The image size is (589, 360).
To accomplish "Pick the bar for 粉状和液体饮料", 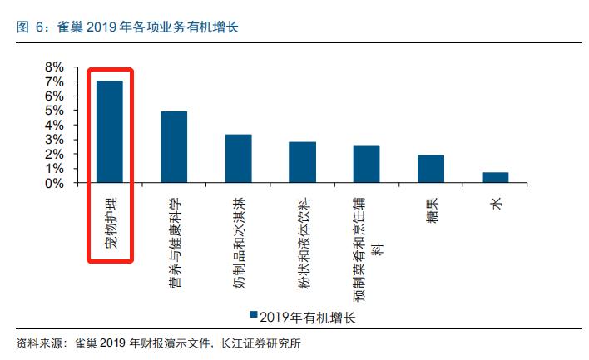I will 302,162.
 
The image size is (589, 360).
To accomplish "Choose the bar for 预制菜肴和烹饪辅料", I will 366,164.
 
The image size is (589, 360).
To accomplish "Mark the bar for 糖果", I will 430,169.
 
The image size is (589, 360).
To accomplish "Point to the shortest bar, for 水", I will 495,177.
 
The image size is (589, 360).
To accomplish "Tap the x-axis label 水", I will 496,202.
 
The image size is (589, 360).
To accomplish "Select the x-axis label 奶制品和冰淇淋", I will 238,240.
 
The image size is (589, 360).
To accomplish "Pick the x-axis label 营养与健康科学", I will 174,243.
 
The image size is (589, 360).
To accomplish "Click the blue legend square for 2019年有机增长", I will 252,316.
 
